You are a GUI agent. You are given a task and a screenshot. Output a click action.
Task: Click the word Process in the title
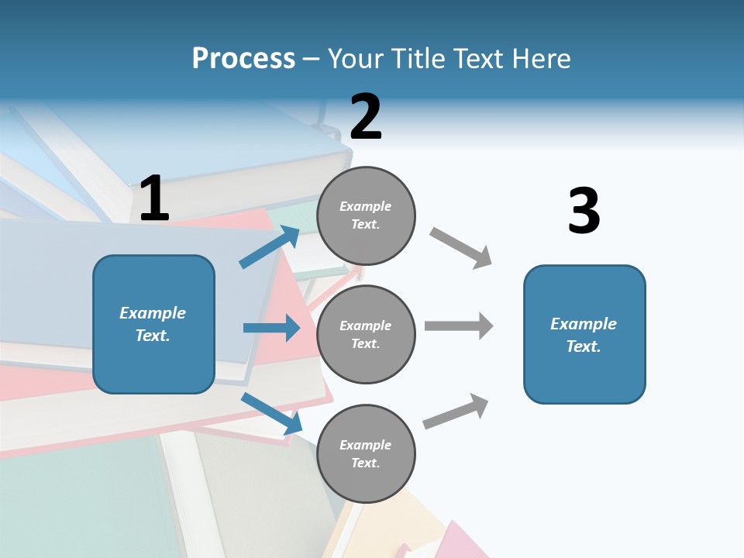tap(243, 59)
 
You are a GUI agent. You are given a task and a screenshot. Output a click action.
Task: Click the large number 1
tap(154, 198)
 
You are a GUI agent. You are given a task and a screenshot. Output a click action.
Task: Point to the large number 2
tap(366, 117)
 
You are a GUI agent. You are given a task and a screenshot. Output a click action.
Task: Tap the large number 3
tap(584, 211)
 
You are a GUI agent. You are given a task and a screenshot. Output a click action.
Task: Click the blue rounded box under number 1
tap(153, 364)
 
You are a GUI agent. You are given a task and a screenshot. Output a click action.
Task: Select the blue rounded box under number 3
tap(584, 380)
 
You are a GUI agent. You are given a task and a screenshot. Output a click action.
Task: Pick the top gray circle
tap(366, 186)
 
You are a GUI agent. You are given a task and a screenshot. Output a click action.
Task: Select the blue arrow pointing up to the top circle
tap(270, 247)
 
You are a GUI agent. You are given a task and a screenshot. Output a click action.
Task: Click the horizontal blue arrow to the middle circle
tap(272, 328)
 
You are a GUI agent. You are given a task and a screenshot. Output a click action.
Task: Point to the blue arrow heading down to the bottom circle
tap(272, 412)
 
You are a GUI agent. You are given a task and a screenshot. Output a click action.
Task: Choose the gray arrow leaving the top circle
tap(460, 247)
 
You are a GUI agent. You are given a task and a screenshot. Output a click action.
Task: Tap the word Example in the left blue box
tap(153, 313)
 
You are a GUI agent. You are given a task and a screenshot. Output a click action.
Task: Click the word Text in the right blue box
tap(582, 346)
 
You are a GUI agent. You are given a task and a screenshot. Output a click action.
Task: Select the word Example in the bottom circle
tap(366, 445)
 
